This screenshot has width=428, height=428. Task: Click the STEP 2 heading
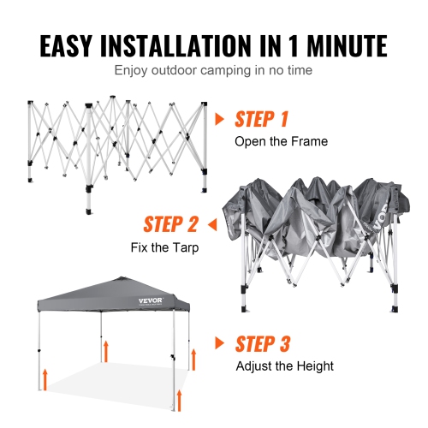click(x=171, y=225)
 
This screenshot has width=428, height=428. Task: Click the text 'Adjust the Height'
click(x=285, y=366)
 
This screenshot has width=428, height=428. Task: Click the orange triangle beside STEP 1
click(x=220, y=119)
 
